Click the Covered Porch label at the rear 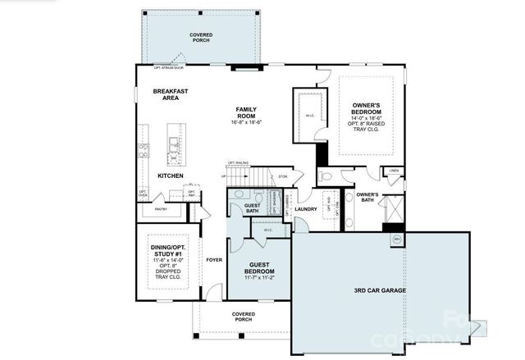coord(201,39)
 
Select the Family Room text coord(246,114)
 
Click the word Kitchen coord(171,175)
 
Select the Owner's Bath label coord(366,197)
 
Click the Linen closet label coord(394,171)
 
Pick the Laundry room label coord(306,208)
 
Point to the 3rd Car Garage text coord(380,290)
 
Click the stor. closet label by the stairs coord(283,175)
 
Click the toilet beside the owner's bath coord(326,176)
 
